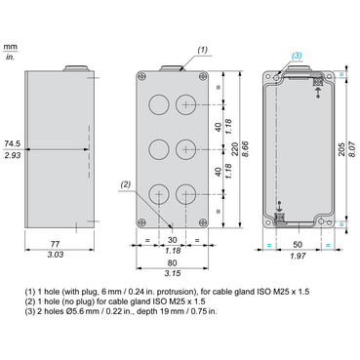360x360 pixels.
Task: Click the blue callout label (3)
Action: [297, 56]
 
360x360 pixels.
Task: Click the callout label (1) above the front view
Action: [202, 50]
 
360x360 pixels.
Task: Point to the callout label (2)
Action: [125, 184]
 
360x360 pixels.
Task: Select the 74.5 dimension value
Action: [13, 143]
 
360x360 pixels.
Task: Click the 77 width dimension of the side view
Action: [56, 244]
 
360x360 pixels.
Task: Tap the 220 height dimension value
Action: [235, 149]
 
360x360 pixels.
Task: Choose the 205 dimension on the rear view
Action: [341, 149]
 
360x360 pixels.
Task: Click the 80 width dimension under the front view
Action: [173, 262]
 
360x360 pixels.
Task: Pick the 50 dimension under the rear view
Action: [298, 244]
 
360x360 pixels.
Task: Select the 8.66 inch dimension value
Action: [246, 149]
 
